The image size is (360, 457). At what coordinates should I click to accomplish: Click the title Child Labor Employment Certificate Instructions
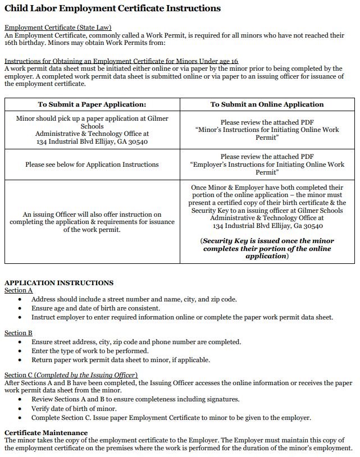(112, 8)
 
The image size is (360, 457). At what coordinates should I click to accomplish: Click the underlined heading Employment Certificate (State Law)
(58, 28)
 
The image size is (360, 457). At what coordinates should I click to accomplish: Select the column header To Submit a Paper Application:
(92, 104)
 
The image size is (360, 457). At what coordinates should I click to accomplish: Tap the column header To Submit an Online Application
(267, 104)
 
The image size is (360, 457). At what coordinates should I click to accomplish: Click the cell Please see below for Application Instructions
(92, 164)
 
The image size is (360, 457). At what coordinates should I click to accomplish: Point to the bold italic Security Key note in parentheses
(267, 248)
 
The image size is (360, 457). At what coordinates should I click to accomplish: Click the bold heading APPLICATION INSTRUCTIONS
(59, 282)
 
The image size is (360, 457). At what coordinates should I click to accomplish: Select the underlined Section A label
(19, 290)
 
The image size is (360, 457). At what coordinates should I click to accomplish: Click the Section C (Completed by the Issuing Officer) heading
(71, 375)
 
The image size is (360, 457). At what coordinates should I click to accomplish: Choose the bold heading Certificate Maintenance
(46, 433)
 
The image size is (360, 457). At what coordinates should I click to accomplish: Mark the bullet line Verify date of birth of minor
(74, 409)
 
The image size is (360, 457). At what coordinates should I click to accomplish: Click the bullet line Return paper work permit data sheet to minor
(120, 360)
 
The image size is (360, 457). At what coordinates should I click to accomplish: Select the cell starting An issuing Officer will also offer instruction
(92, 222)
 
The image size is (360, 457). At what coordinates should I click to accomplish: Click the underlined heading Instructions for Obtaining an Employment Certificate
(121, 61)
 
